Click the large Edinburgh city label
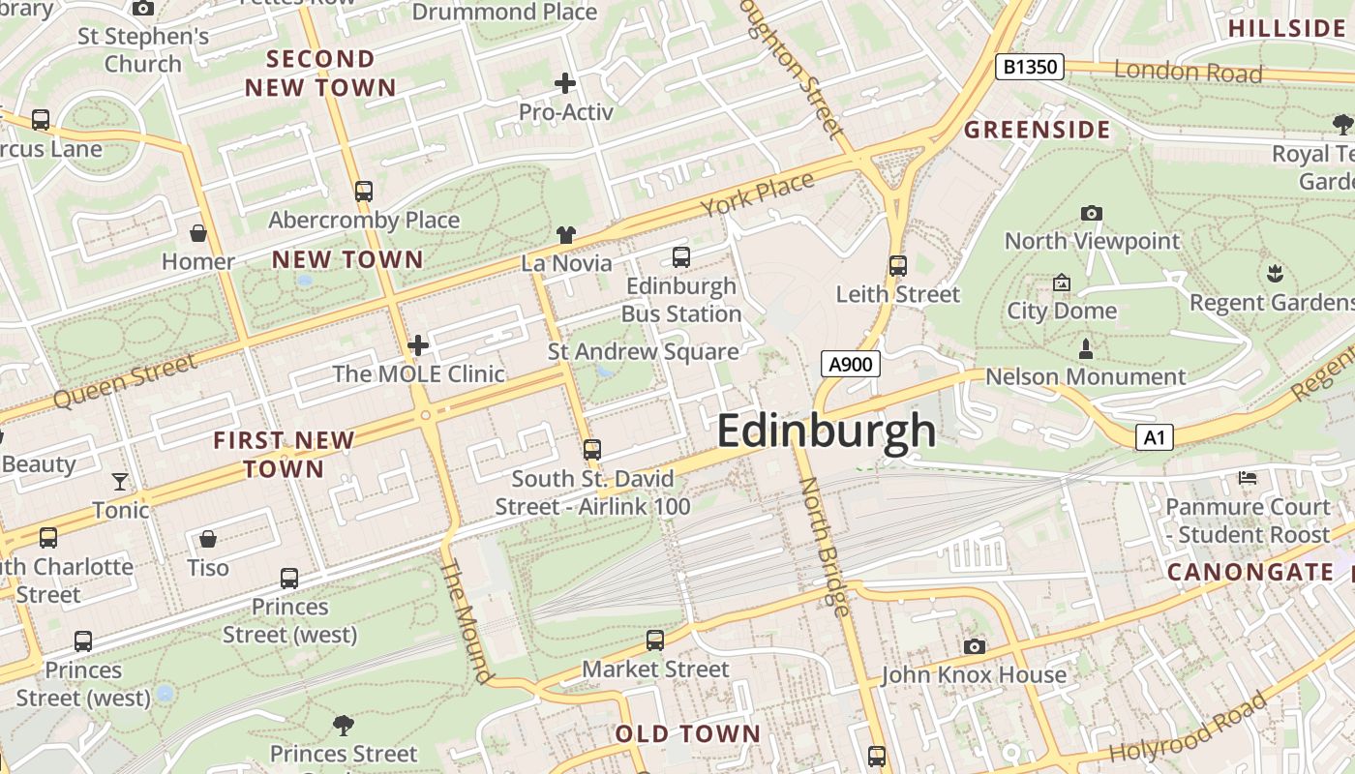[x=826, y=432]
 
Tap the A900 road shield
[x=852, y=364]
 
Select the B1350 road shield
[x=1030, y=67]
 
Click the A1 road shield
[x=1154, y=437]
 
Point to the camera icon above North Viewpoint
[x=1092, y=213]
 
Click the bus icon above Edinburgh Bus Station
[x=681, y=257]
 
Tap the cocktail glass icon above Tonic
[x=120, y=482]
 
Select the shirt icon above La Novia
[x=566, y=234]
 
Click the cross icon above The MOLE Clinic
[x=418, y=345]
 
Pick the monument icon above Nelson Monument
[x=1086, y=348]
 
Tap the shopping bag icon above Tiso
[x=208, y=539]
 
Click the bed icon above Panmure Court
[x=1248, y=478]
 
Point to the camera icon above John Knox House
[x=974, y=646]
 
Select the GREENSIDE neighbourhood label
[x=1038, y=130]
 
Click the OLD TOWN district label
[x=688, y=733]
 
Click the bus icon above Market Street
[x=655, y=640]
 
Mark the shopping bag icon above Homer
[x=198, y=233]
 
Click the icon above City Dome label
[x=1062, y=283]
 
